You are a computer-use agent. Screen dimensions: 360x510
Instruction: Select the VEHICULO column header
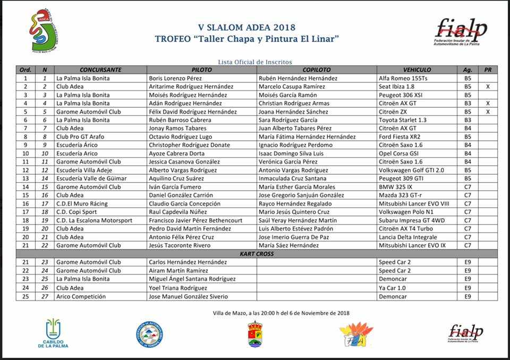coord(417,70)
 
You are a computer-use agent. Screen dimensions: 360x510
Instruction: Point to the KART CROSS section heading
coord(257,254)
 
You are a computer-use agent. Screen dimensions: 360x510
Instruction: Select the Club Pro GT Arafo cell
coord(81,136)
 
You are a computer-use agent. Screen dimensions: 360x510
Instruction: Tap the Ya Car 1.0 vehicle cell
coord(393,288)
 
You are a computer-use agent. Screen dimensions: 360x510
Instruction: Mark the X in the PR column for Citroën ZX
coord(487,112)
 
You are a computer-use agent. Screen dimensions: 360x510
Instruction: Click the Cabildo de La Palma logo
coord(53,333)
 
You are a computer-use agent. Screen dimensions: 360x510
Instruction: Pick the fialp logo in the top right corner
coord(461,31)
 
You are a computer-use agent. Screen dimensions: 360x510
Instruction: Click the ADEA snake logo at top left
coord(44,31)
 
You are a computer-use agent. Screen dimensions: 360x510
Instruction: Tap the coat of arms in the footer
coord(255,334)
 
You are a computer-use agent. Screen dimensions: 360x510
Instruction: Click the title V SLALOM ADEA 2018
coord(246,27)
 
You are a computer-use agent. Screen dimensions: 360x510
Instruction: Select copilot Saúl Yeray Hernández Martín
coord(297,220)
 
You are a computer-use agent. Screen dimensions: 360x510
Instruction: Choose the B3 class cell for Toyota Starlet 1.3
coord(467,120)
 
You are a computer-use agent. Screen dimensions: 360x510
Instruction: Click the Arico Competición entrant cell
coord(81,296)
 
